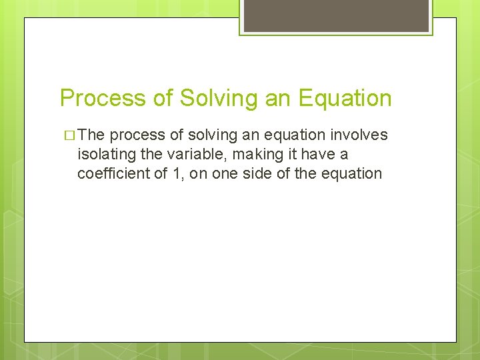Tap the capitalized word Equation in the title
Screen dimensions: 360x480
click(345, 98)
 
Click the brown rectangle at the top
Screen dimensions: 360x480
click(336, 15)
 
